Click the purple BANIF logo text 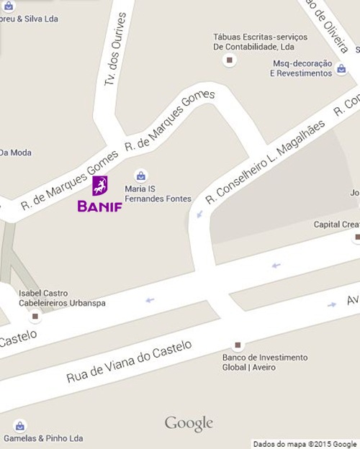(x=100, y=207)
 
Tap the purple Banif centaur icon (x=100, y=186)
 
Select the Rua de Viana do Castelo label (x=130, y=362)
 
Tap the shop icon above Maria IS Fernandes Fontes (x=141, y=175)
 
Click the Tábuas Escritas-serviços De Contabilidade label (x=260, y=42)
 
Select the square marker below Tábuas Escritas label (x=230, y=60)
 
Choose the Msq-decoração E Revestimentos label (x=300, y=68)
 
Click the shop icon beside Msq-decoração (x=342, y=69)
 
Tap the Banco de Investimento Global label (x=265, y=362)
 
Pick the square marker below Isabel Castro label (x=35, y=317)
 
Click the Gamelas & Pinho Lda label (x=43, y=438)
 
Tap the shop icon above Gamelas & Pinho (x=19, y=425)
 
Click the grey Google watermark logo (x=189, y=424)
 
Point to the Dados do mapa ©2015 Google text (x=305, y=444)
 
